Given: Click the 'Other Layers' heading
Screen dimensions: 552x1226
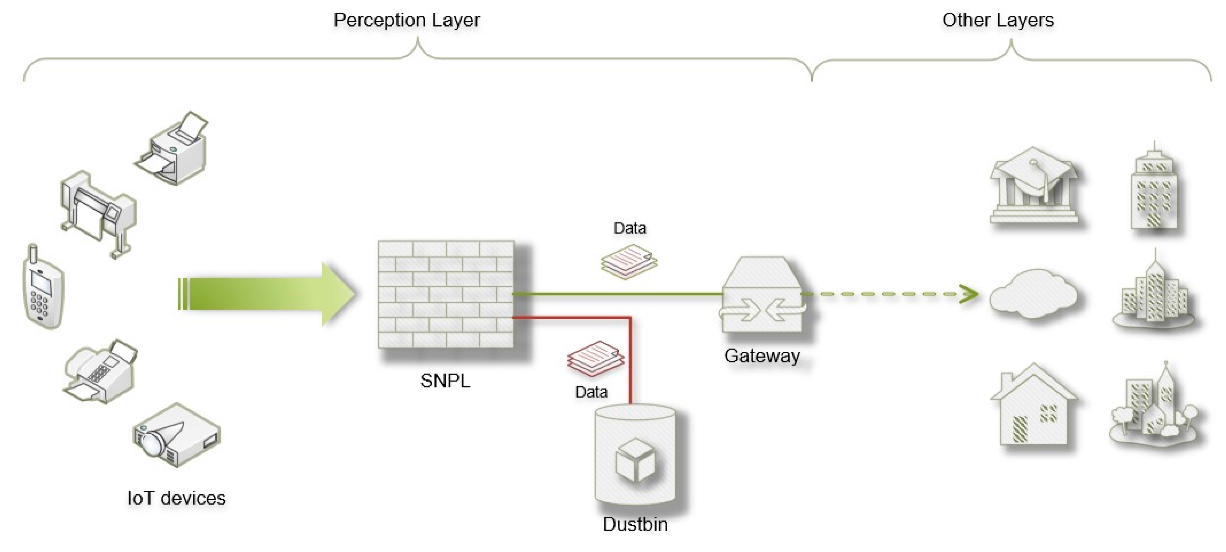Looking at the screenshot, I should pos(998,20).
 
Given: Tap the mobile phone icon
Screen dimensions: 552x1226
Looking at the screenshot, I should pos(43,288).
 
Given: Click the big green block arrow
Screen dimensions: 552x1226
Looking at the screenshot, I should pos(267,294).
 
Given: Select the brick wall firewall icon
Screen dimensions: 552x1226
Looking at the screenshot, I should pos(446,294).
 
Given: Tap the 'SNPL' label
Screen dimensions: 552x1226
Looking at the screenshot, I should pos(445,381).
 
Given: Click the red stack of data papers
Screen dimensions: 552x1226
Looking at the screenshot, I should pos(595,358).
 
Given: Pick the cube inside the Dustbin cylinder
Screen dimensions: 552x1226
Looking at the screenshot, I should pos(635,460).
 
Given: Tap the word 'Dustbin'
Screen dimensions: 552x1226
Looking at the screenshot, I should pos(635,524).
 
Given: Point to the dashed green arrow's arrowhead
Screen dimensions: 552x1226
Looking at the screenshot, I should pos(969,294).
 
